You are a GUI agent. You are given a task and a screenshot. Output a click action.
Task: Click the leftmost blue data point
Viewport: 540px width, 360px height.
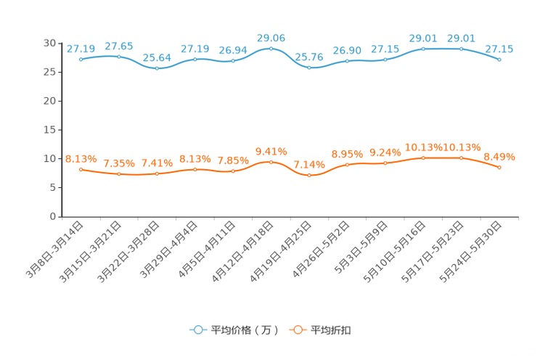point(81,60)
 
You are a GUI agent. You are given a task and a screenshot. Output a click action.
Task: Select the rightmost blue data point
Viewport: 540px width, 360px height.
point(499,60)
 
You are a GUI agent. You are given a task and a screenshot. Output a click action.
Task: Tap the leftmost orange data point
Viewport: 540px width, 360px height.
point(81,169)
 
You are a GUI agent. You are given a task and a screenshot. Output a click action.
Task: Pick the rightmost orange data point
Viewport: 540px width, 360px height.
point(499,168)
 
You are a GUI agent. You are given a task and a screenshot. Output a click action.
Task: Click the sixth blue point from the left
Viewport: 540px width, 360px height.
point(271,48)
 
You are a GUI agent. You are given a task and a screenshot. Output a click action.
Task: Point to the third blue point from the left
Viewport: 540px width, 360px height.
point(157,69)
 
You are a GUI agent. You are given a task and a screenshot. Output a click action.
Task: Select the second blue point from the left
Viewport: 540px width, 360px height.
point(119,57)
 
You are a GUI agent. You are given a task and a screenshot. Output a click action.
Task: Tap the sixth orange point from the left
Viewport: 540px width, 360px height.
point(271,162)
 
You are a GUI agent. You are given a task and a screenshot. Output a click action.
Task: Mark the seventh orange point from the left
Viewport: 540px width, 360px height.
point(309,175)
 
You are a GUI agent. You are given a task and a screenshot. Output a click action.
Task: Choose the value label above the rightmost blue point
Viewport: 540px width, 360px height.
point(499,49)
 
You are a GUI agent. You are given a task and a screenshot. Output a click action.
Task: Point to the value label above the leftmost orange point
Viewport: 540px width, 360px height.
point(81,158)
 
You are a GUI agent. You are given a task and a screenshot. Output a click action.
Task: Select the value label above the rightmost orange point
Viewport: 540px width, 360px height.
point(499,156)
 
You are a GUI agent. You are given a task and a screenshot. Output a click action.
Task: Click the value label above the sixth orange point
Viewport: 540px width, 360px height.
point(271,151)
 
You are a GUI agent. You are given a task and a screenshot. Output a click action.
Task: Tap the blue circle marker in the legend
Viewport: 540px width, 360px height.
point(197,330)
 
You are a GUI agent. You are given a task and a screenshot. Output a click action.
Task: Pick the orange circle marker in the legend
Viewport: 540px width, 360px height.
point(298,330)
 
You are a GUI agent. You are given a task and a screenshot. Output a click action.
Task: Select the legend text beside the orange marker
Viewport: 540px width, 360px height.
point(331,330)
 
